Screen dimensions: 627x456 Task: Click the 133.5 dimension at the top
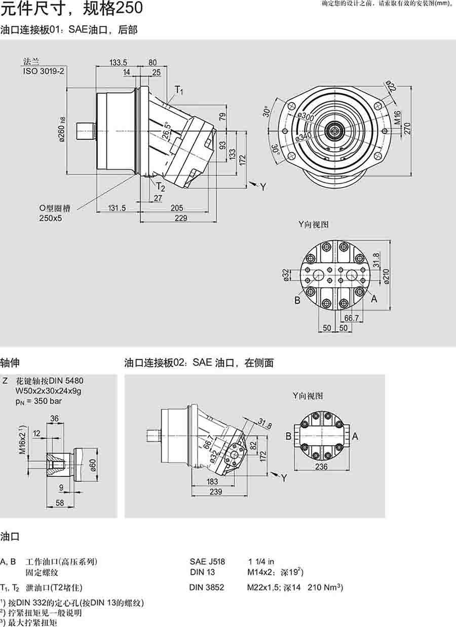click(x=118, y=63)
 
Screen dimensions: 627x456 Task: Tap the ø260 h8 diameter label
click(x=61, y=129)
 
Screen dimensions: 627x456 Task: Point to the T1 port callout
click(x=179, y=90)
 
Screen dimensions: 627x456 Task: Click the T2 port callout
click(x=160, y=186)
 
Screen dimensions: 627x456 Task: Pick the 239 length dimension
click(x=216, y=492)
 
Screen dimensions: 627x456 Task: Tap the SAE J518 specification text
click(x=207, y=562)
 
